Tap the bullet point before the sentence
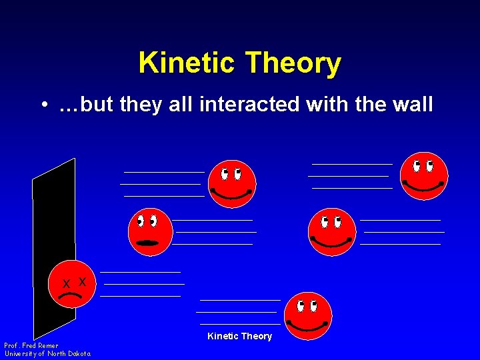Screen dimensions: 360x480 click(x=43, y=105)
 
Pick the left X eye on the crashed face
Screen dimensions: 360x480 click(x=66, y=283)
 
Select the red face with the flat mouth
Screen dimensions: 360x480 click(x=150, y=231)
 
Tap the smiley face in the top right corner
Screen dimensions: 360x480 click(x=424, y=176)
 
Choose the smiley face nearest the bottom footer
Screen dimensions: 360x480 click(x=307, y=316)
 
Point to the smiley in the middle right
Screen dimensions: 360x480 click(x=331, y=231)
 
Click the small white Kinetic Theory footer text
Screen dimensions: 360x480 click(x=239, y=336)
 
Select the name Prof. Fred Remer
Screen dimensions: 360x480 click(x=31, y=345)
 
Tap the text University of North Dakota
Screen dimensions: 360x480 click(x=47, y=354)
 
